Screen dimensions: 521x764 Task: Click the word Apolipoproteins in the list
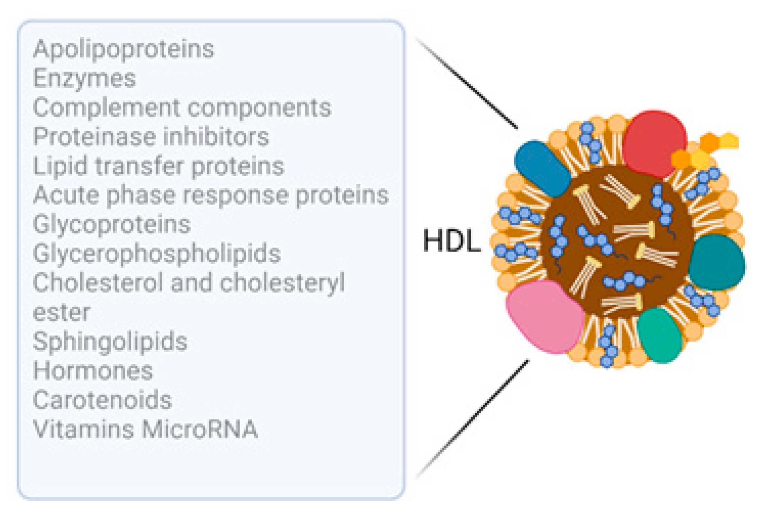123,50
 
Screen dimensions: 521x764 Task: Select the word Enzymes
84,79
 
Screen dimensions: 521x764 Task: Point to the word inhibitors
216,136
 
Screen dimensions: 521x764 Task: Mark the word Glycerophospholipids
157,254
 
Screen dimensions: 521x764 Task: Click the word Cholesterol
98,283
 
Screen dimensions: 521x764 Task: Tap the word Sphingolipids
110,342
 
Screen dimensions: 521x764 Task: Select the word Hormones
93,371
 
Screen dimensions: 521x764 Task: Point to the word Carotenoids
103,400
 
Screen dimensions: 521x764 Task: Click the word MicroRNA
200,429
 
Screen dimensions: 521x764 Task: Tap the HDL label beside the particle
452,241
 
